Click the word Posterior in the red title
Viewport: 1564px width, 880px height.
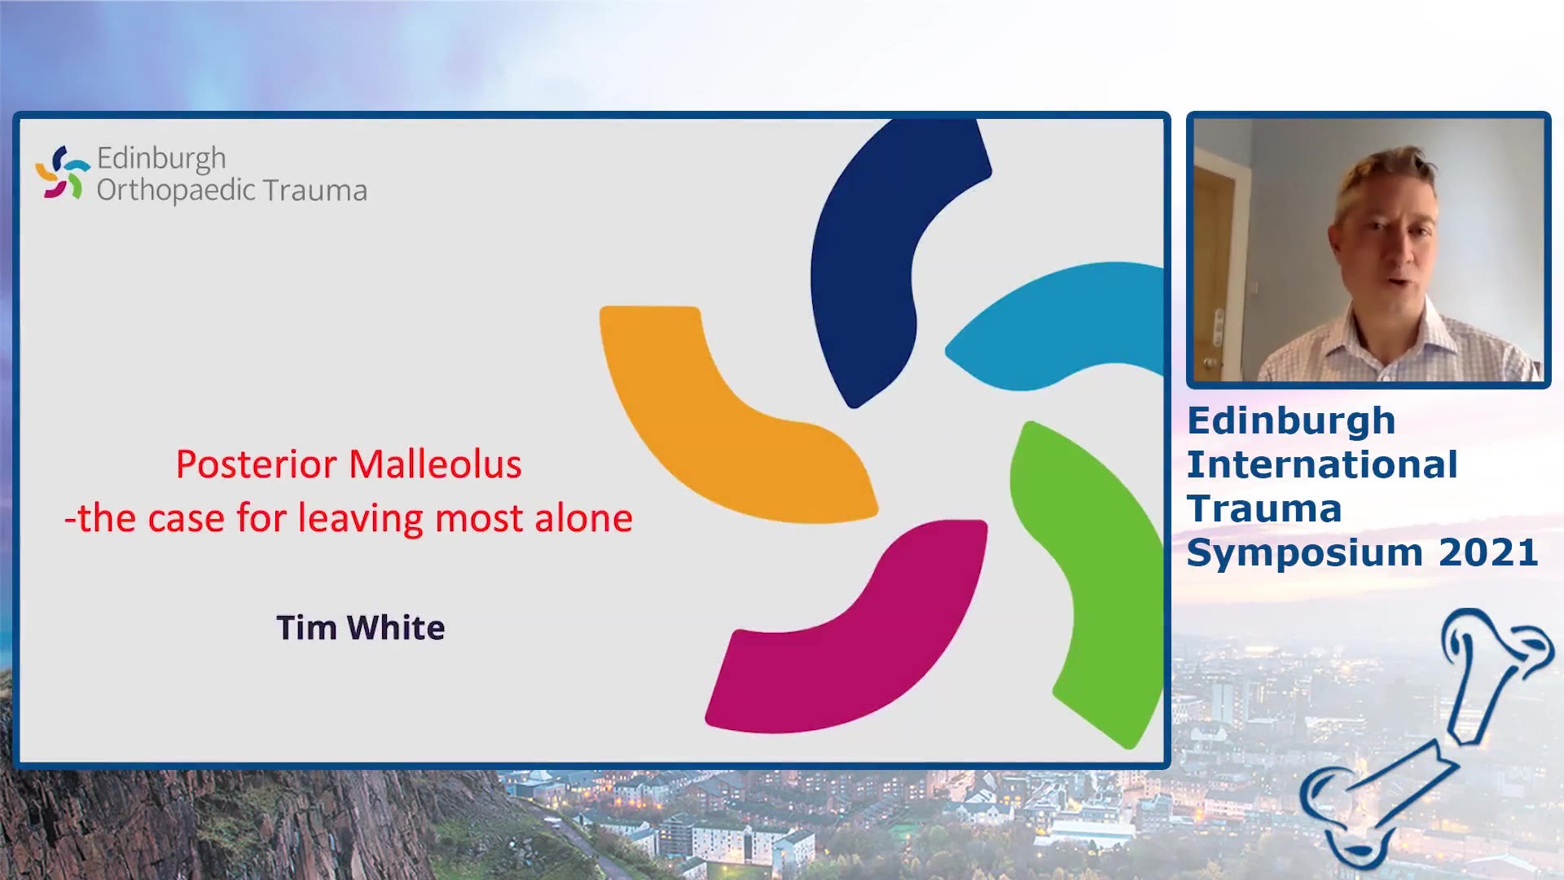pos(257,465)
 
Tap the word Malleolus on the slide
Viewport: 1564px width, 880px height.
pos(436,464)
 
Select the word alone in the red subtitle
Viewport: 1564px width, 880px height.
pos(583,518)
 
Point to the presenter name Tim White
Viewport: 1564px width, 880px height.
pos(361,627)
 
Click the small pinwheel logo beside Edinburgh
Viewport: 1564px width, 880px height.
pos(62,173)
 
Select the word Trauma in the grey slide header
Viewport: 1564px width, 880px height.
pos(314,190)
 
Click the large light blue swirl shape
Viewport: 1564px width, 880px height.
pos(1059,326)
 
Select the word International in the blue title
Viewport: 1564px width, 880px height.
pos(1322,464)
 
